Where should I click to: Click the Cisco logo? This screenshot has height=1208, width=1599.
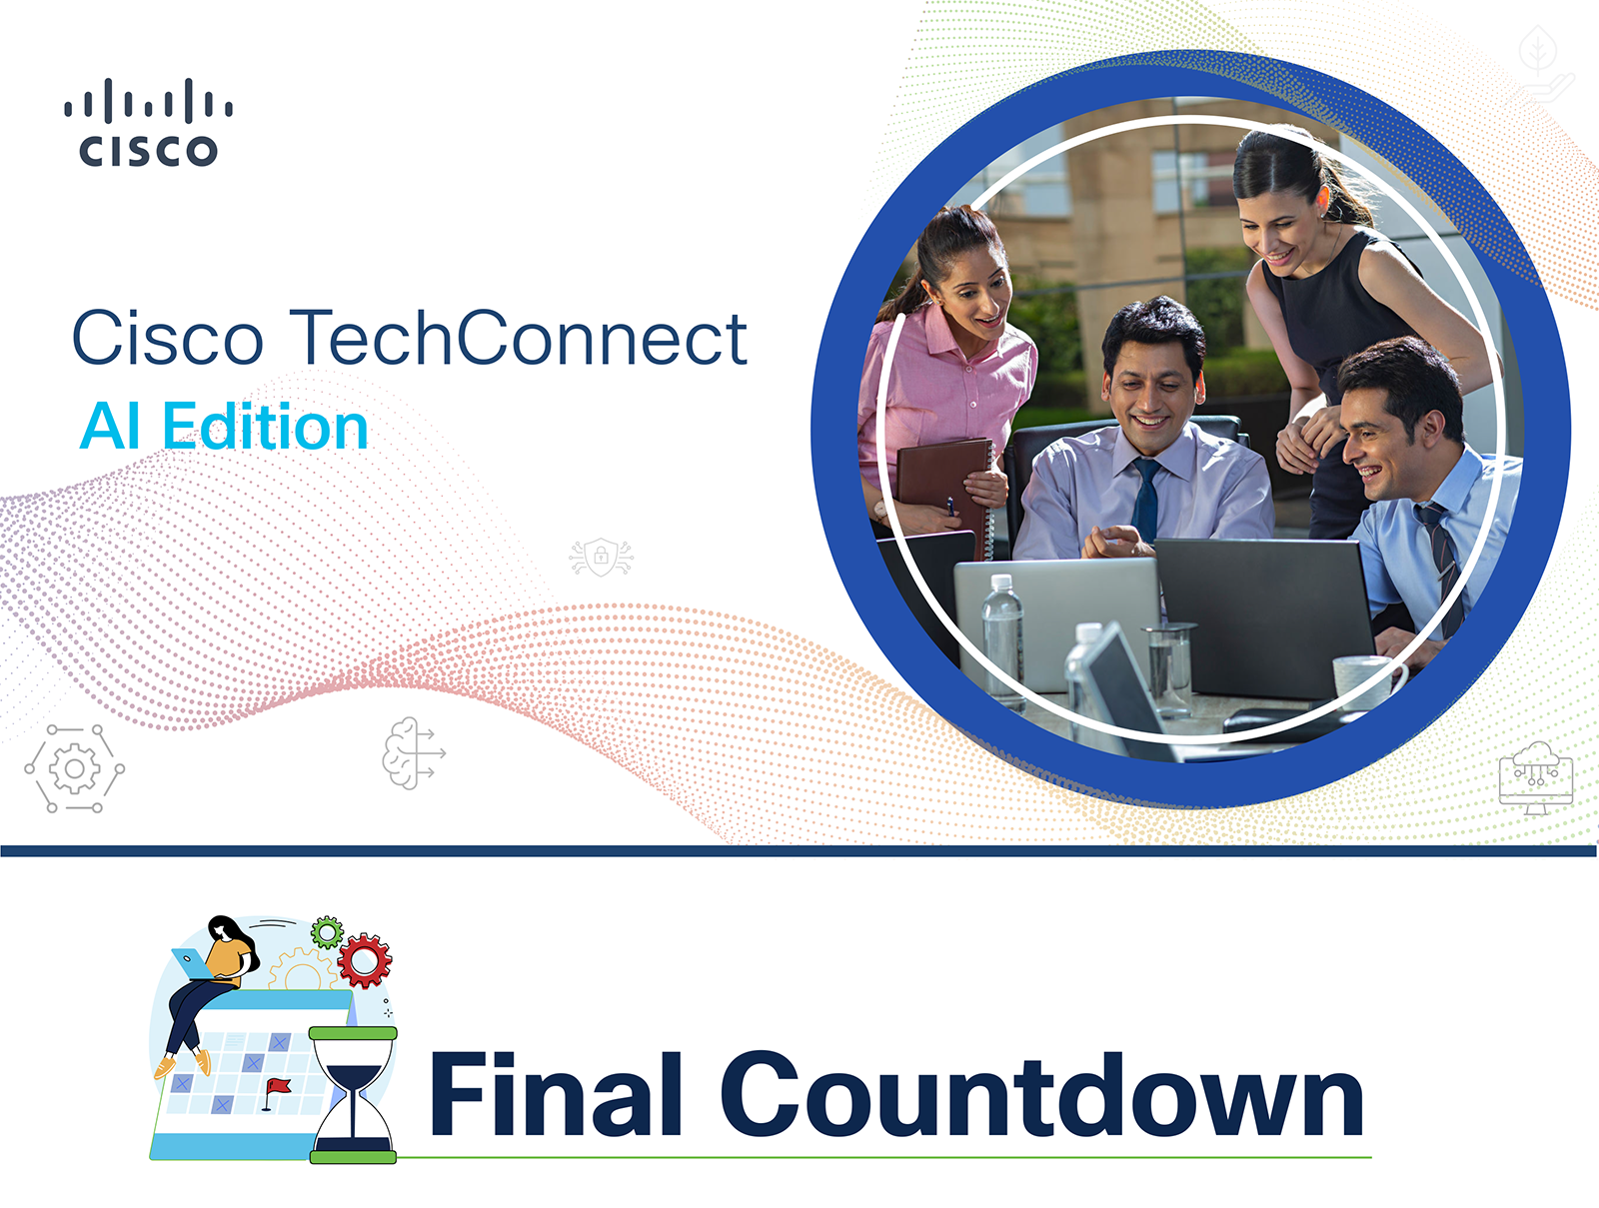click(149, 122)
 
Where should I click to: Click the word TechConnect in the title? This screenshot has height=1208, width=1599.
click(519, 337)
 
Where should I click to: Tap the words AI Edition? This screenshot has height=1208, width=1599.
click(224, 426)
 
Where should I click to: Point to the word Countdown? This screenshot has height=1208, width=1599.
click(1041, 1093)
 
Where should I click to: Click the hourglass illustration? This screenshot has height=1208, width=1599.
click(354, 1095)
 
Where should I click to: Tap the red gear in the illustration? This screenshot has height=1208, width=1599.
click(364, 960)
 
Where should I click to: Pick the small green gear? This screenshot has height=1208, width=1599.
click(327, 932)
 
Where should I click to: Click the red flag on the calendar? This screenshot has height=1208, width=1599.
click(276, 1093)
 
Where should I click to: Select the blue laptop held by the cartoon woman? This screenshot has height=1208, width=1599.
click(192, 964)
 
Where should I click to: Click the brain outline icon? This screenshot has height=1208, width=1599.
click(413, 753)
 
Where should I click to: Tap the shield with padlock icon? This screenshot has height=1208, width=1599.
click(601, 557)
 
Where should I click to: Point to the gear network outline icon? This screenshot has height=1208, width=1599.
click(74, 768)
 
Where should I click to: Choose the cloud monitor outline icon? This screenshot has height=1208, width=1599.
click(1536, 777)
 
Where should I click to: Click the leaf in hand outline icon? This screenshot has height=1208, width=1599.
click(1545, 64)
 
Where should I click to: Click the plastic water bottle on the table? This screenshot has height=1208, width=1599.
click(1002, 640)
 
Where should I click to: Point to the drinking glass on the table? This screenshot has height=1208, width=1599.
click(1169, 668)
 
